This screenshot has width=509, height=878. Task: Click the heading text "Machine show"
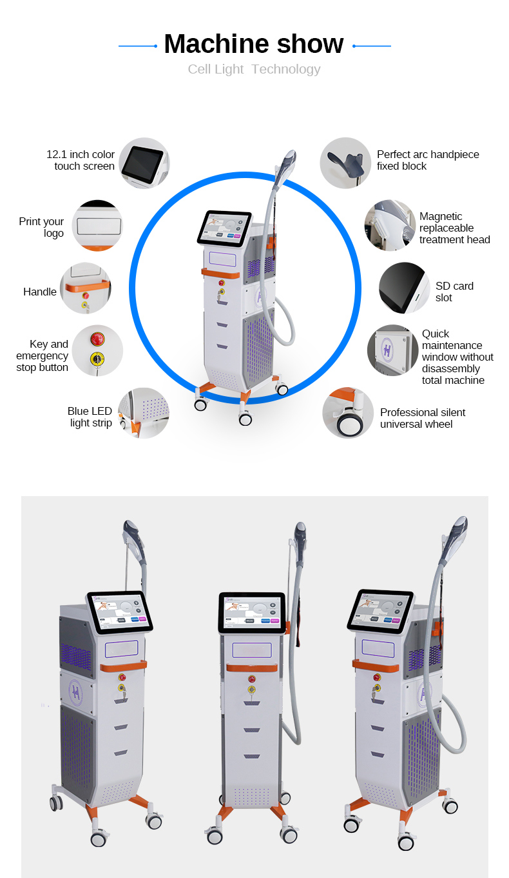coord(254,44)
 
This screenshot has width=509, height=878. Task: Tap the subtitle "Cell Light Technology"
coord(254,70)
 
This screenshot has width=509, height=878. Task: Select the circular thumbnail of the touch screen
coord(144,163)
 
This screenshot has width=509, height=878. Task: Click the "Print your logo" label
coord(42,227)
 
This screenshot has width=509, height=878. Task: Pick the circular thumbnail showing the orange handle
coord(86,288)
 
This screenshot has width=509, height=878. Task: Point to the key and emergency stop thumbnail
coord(97,350)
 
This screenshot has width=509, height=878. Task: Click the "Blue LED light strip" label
coord(90,417)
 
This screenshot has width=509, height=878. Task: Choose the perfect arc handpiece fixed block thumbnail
coord(345,163)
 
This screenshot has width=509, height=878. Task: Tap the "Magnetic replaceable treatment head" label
coord(454,228)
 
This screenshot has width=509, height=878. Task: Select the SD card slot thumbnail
coord(404,288)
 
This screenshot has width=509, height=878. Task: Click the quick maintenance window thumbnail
coord(393,350)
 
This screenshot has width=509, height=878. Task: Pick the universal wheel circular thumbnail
coord(348,413)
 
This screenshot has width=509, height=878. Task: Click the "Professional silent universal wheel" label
coord(422,418)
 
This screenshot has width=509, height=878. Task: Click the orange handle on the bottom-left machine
coord(123,665)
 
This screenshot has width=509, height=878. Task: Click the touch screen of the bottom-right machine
coord(381,610)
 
